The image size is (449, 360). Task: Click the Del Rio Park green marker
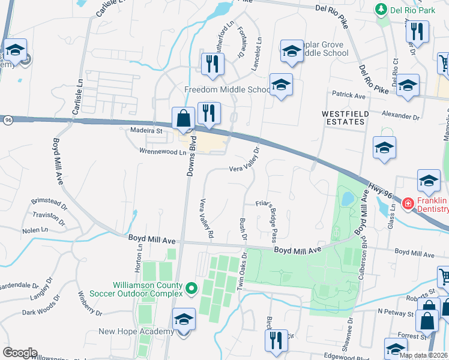380,9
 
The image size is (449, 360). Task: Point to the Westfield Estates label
343,117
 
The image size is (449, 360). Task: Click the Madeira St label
146,130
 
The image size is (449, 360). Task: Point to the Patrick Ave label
349,96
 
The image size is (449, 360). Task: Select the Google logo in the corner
20,353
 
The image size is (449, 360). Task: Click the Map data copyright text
424,355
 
